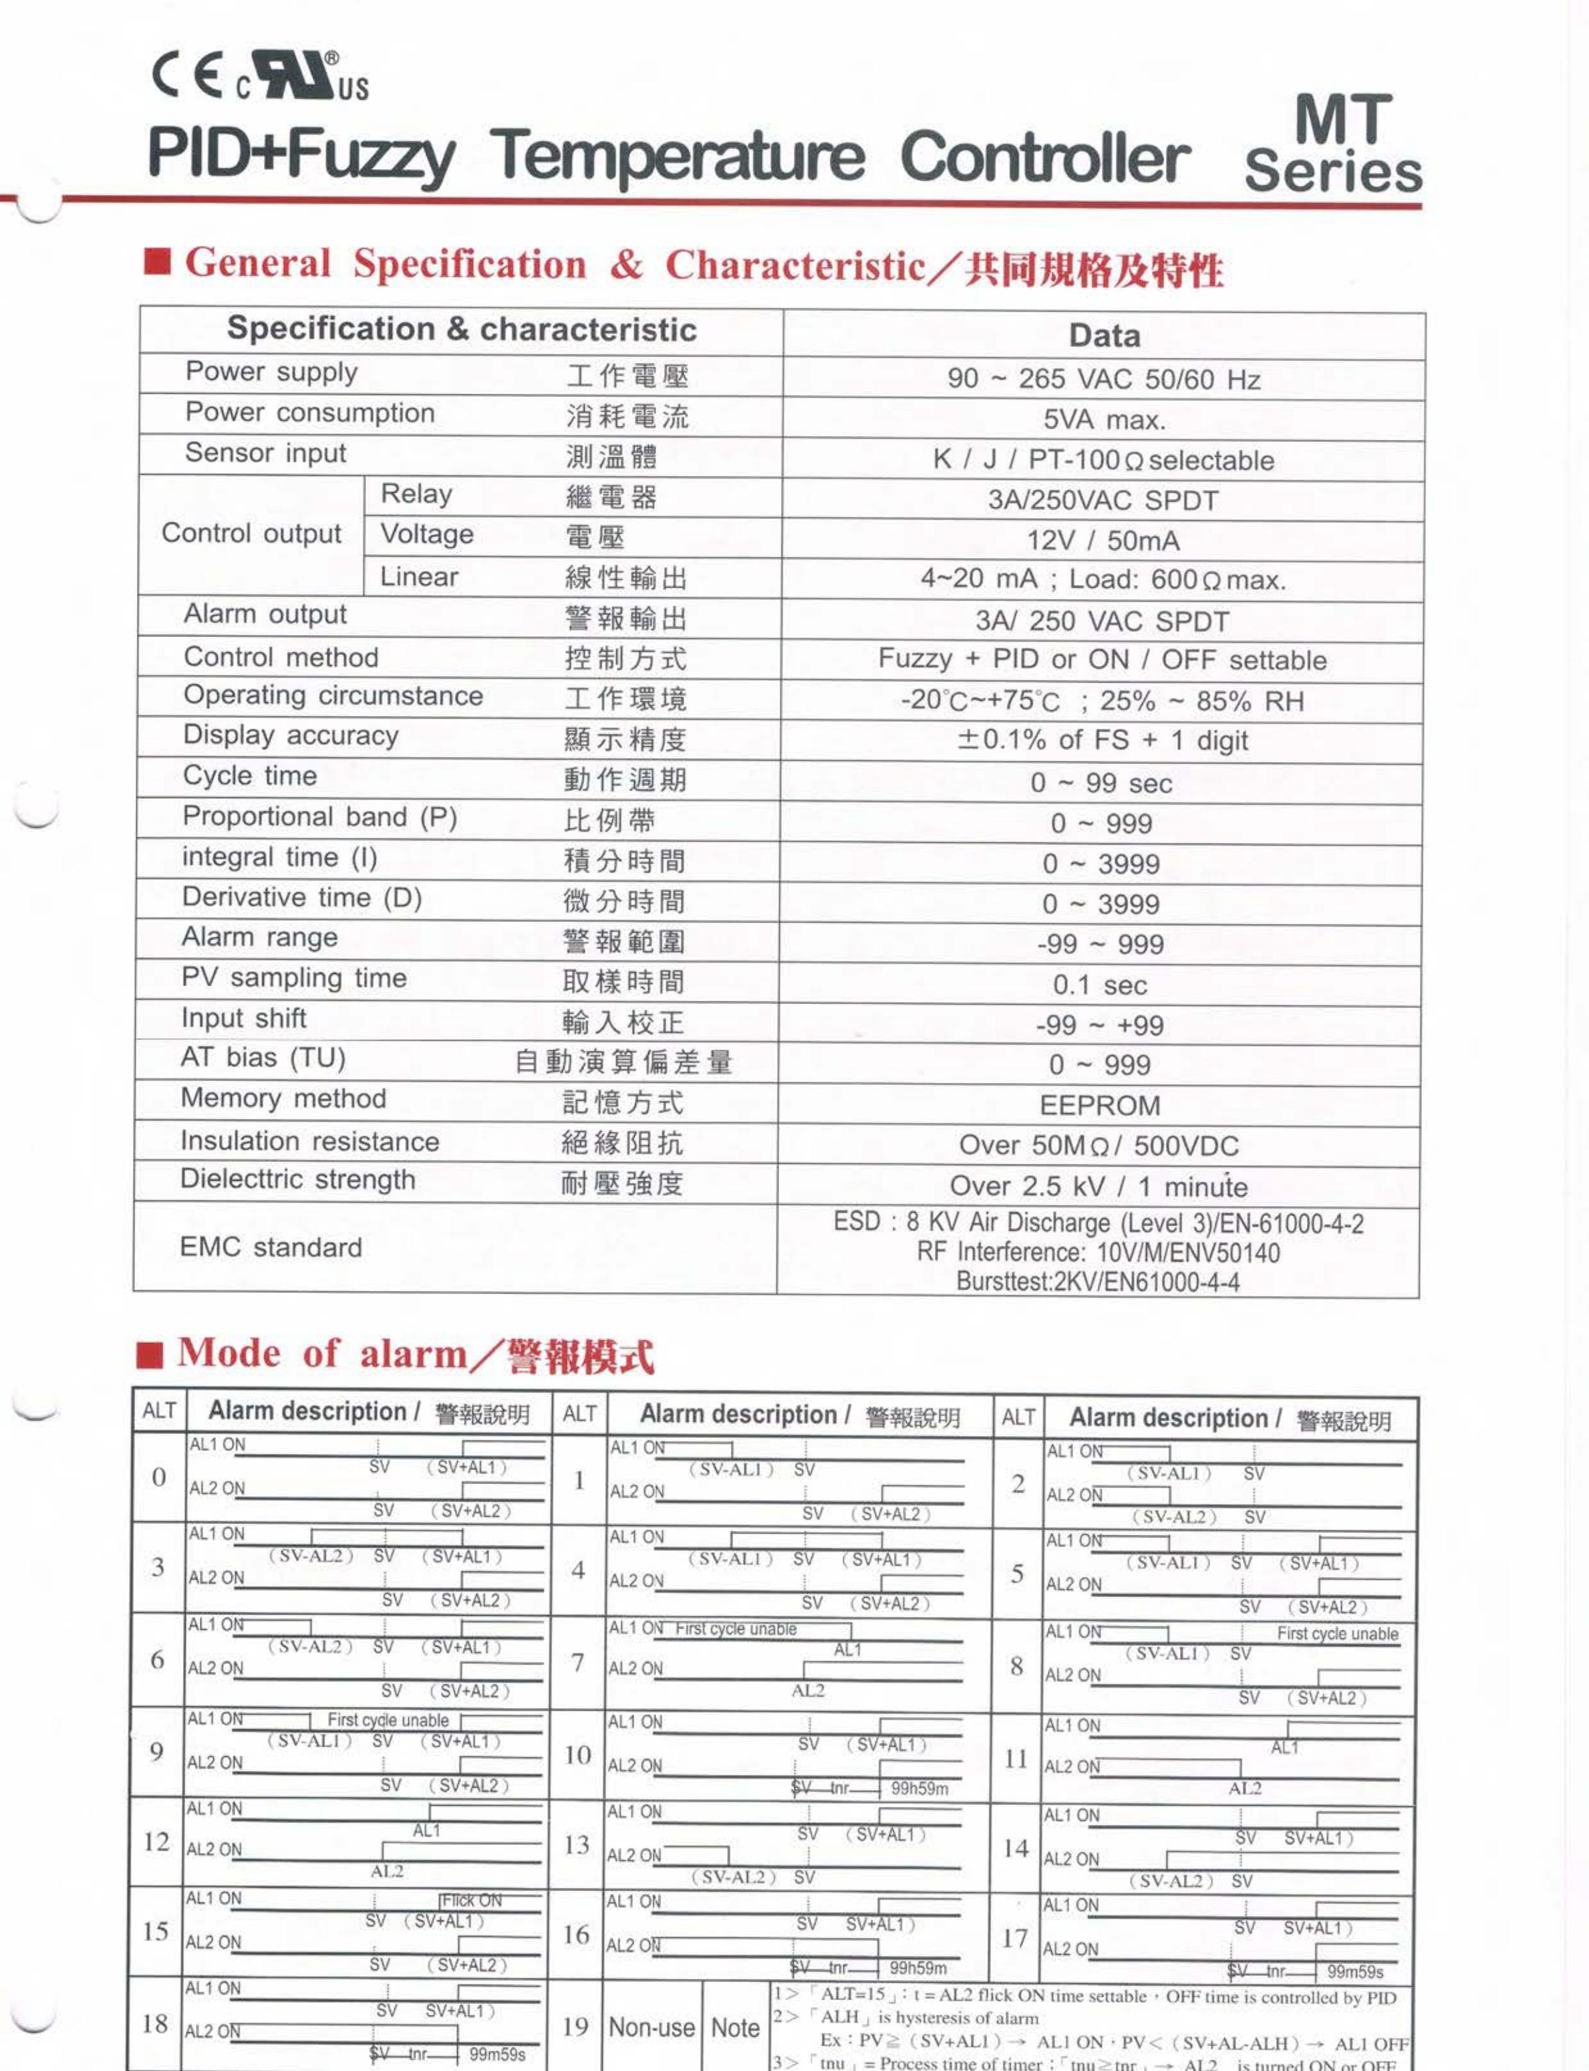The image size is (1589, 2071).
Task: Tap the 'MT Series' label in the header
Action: (x=1334, y=144)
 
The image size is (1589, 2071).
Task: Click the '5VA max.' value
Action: (x=1104, y=420)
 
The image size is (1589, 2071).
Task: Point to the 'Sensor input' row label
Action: (x=266, y=453)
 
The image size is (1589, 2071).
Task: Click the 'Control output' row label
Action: (x=252, y=533)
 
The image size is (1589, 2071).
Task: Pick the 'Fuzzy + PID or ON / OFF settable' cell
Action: (x=1102, y=659)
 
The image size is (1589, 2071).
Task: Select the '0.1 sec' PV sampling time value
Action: (x=1099, y=985)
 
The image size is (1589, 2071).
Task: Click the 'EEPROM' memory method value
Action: (x=1099, y=1105)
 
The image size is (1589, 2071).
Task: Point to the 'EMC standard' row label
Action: (x=271, y=1247)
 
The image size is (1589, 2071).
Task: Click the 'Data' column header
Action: (x=1104, y=336)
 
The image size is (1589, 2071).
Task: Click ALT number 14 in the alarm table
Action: (x=1015, y=1848)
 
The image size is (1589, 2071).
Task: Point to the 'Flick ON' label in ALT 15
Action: (x=472, y=1901)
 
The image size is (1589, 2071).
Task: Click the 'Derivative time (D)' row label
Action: (x=302, y=897)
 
